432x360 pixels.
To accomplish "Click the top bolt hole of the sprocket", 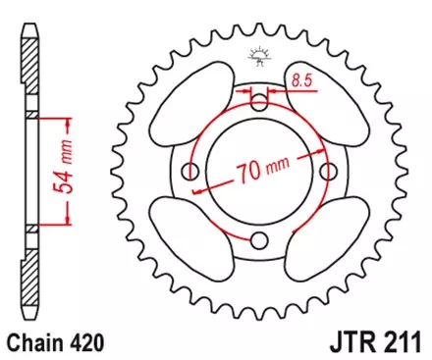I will pyautogui.click(x=259, y=103).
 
